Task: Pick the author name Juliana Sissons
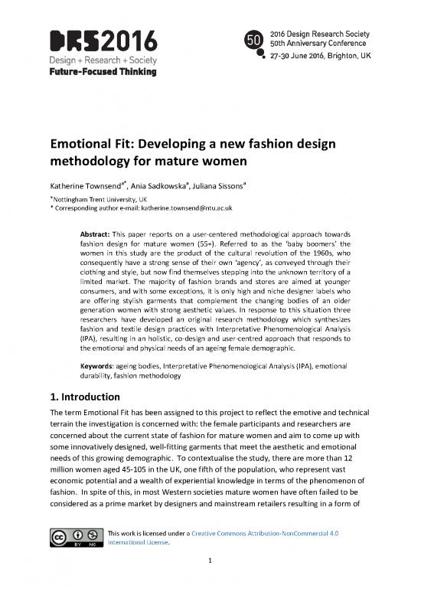coord(230,185)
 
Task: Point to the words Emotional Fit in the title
coord(100,144)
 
